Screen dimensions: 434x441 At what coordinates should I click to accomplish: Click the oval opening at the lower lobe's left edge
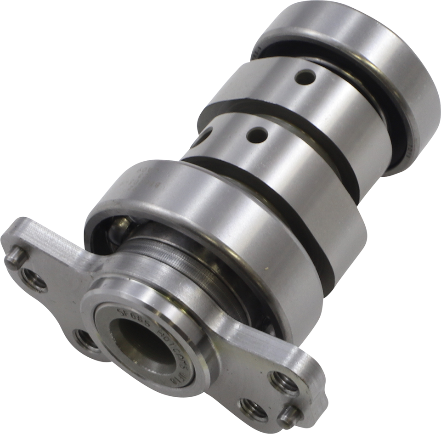click(207, 134)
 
